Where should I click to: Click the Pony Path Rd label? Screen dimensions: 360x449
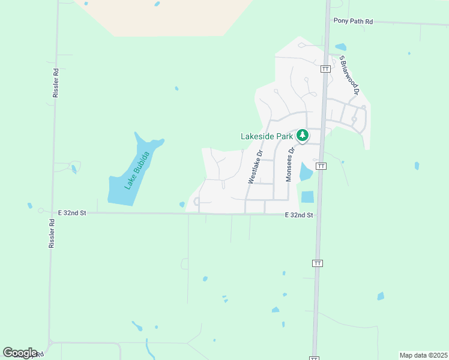coord(353,22)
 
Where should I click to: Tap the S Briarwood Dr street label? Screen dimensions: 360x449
coord(348,76)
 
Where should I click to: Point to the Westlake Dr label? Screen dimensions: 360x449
coord(255,167)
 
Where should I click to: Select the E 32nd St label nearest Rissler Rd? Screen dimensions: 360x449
coord(72,213)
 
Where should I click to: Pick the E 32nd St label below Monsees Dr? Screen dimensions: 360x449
coord(299,215)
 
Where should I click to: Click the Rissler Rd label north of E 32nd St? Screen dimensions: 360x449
coord(55,83)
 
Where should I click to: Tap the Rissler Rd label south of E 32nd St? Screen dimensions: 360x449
coord(52,233)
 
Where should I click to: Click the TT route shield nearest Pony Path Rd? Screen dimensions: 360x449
coord(325,69)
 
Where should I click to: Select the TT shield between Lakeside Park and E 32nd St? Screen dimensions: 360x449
coord(321,166)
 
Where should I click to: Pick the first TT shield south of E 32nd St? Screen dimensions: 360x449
coord(317,263)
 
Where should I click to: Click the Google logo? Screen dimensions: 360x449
coord(20,353)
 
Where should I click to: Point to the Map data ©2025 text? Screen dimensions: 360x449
coord(423,355)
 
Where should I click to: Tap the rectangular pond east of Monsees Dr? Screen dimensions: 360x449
coord(307,196)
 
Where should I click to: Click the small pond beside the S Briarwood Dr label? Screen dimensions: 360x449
coord(340,47)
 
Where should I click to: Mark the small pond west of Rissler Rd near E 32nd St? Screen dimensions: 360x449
coord(29,206)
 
